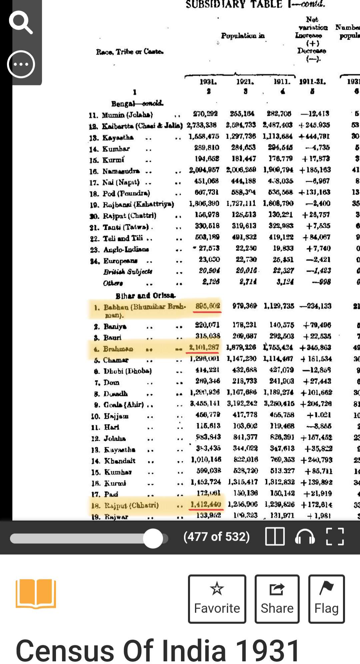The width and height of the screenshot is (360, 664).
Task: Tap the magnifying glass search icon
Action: (x=21, y=22)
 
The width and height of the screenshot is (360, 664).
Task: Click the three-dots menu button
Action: (x=21, y=64)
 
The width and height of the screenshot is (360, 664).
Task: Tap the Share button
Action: (x=277, y=599)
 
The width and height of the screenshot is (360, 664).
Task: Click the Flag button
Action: (x=326, y=599)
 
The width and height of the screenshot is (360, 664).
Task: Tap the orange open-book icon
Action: (x=36, y=594)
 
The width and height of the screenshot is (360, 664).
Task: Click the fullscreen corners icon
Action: (x=335, y=536)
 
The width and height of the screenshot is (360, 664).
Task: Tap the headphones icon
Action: (x=305, y=536)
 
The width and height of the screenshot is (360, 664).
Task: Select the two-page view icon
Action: (x=275, y=536)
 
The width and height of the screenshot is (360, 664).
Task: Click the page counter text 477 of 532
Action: (x=216, y=536)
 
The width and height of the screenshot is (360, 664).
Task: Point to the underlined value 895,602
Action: (x=207, y=306)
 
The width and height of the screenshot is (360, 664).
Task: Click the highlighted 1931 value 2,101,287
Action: (x=204, y=347)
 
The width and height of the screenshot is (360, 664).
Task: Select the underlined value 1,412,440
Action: (x=206, y=504)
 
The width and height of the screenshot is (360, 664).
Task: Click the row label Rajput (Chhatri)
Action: (x=131, y=505)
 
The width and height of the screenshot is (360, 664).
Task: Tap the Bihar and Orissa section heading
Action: (x=145, y=295)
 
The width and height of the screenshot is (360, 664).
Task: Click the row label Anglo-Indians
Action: (x=126, y=249)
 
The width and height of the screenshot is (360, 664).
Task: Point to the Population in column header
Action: (x=243, y=35)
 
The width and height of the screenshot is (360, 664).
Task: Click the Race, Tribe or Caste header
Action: (x=130, y=52)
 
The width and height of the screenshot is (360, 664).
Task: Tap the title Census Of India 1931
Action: (x=158, y=650)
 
